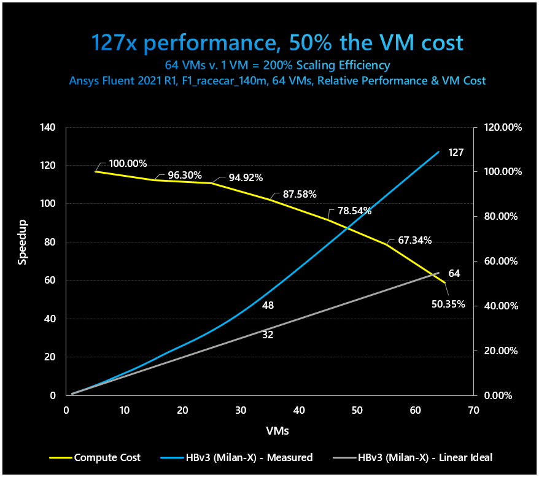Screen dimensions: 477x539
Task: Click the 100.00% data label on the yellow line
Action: [128, 164]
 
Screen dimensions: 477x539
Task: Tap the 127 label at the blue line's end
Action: [455, 152]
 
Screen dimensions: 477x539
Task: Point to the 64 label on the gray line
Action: [454, 274]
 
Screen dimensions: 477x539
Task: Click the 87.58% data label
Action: [300, 195]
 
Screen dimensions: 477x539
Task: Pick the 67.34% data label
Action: [414, 241]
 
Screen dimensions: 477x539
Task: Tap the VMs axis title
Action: [277, 431]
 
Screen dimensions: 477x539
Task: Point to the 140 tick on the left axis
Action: [47, 128]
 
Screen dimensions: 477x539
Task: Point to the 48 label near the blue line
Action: [268, 306]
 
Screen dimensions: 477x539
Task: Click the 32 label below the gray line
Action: [268, 335]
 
